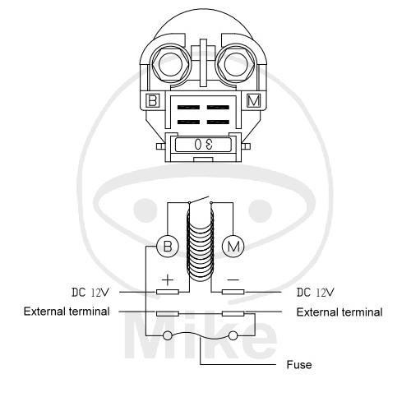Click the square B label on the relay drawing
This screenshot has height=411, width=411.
[152, 100]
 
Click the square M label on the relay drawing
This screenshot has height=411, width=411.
[253, 100]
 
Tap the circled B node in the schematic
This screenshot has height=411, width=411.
[168, 246]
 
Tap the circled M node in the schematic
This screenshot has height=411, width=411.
[233, 246]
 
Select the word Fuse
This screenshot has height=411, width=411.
[299, 365]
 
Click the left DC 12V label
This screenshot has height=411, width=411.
[90, 293]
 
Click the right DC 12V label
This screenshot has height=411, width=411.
[316, 293]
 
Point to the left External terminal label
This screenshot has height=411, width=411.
[67, 312]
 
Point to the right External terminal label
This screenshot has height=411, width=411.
[339, 312]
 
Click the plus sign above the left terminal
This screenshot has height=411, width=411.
[168, 280]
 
